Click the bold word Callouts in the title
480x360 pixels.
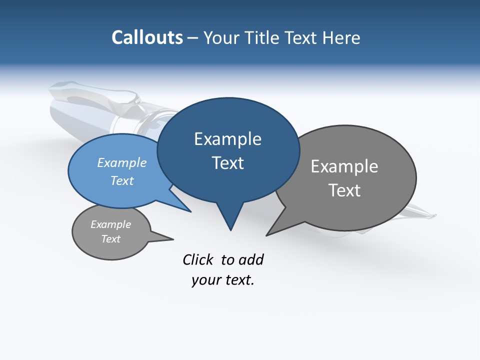(x=147, y=38)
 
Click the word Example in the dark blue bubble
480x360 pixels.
(x=227, y=139)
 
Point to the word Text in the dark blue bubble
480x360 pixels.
(x=227, y=163)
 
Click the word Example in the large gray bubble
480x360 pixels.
(x=344, y=166)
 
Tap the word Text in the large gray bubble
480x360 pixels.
(x=344, y=190)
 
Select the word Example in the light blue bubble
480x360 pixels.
(x=122, y=163)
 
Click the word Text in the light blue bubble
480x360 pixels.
(x=122, y=180)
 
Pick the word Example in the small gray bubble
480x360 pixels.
(x=111, y=224)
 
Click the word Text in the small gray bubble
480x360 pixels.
(x=111, y=239)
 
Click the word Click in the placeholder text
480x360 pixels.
(x=199, y=260)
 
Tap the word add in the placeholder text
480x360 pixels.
(x=251, y=260)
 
